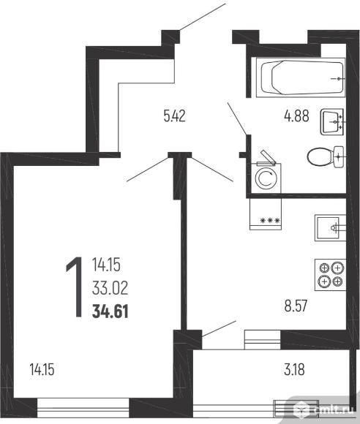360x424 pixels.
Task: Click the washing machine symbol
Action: pyautogui.click(x=266, y=175)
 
